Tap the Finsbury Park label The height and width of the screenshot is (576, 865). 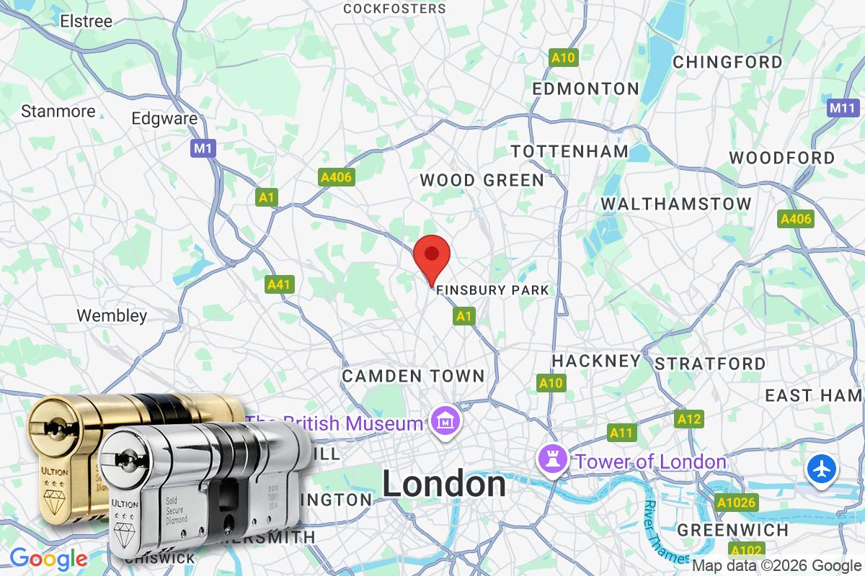492,290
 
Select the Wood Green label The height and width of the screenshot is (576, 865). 482,180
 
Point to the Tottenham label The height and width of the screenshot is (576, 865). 569,151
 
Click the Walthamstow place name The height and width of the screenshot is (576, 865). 676,204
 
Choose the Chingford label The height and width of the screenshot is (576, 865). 727,63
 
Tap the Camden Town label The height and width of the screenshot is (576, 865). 413,376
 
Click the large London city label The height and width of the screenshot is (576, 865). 443,484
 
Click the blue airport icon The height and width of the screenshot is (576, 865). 821,469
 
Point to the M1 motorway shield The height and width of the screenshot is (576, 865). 204,148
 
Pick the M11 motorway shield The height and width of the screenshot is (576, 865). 842,108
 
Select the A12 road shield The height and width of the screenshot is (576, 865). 688,418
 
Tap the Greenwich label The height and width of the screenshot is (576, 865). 732,531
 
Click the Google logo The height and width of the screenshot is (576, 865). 48,558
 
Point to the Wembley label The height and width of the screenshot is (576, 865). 112,315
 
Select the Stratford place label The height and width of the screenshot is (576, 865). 710,364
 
